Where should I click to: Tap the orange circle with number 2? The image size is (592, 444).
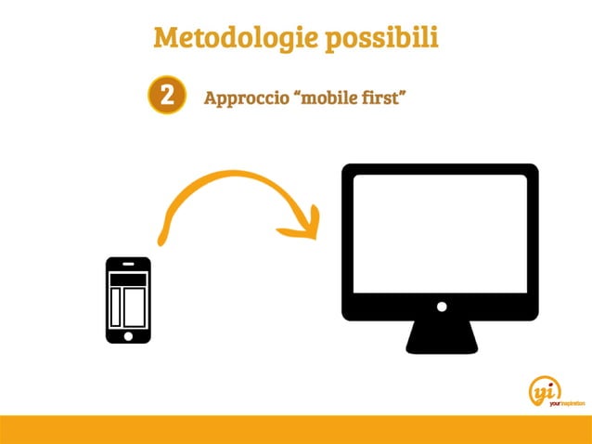(166, 97)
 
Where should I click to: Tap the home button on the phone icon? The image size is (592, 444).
(128, 335)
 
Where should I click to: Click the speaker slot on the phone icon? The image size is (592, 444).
(128, 264)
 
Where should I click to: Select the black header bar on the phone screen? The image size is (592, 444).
(128, 279)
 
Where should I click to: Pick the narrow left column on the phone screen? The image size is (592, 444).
(116, 307)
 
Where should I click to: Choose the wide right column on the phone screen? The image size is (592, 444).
(135, 307)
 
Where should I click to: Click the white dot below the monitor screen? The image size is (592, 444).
(442, 307)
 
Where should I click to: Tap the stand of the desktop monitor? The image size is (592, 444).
(442, 336)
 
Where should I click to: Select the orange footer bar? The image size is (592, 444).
(296, 429)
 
